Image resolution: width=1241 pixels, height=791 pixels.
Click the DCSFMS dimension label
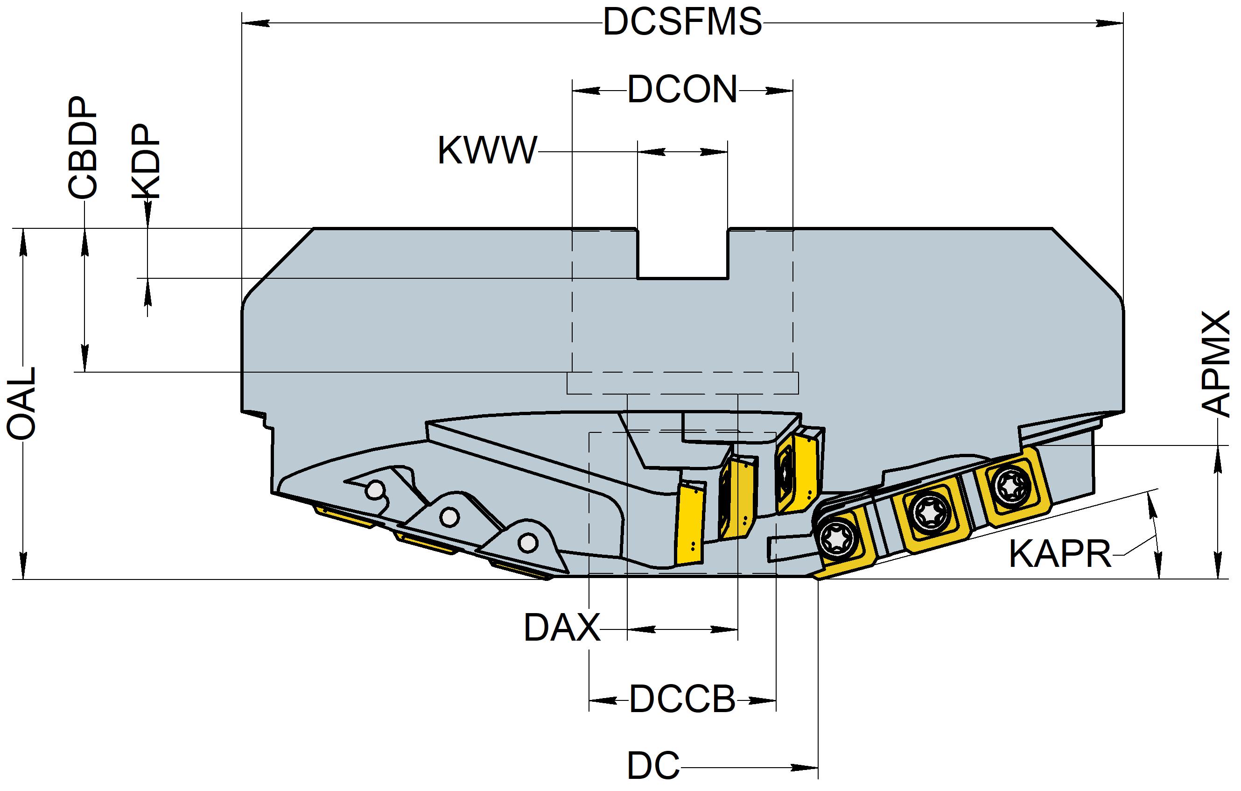tap(682, 23)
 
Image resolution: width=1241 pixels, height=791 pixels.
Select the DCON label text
tap(682, 90)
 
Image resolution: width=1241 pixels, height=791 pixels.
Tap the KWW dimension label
tap(487, 151)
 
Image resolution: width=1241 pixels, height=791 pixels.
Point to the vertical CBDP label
tap(83, 148)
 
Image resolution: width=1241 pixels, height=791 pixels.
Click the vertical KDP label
tap(146, 162)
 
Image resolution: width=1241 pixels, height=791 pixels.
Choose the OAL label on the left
tap(21, 404)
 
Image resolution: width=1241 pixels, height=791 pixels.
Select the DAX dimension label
tap(562, 628)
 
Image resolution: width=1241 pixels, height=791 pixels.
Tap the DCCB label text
tap(682, 700)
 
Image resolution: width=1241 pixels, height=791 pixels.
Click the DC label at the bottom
tap(653, 766)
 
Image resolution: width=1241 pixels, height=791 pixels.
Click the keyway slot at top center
tap(682, 253)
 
